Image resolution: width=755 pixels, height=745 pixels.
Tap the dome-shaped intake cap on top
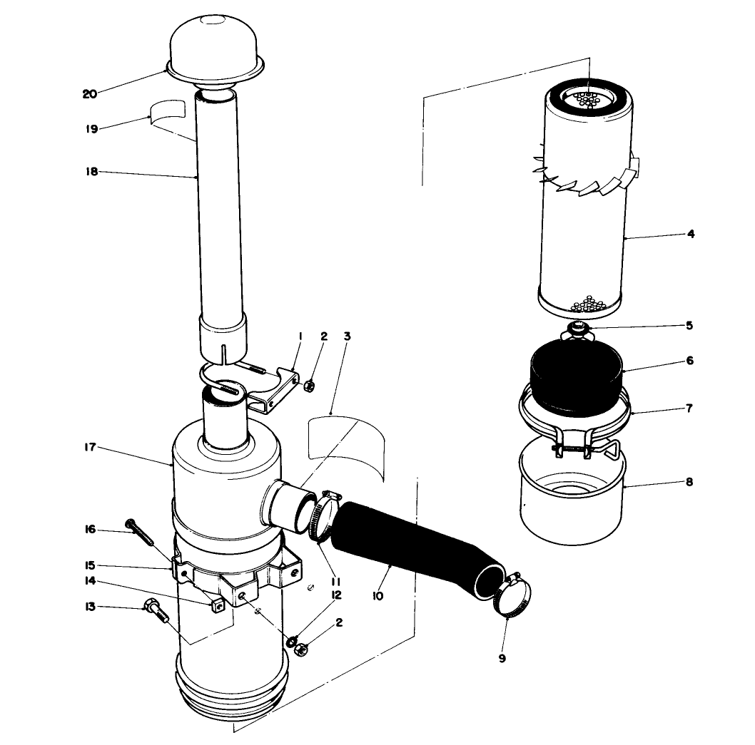[216, 46]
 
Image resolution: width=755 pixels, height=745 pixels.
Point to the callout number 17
[89, 448]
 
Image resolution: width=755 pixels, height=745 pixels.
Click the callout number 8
[689, 481]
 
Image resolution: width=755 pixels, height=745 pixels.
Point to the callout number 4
[690, 234]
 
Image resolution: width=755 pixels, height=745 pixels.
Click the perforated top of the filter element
[589, 97]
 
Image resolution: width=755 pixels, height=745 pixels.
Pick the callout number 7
[689, 409]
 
